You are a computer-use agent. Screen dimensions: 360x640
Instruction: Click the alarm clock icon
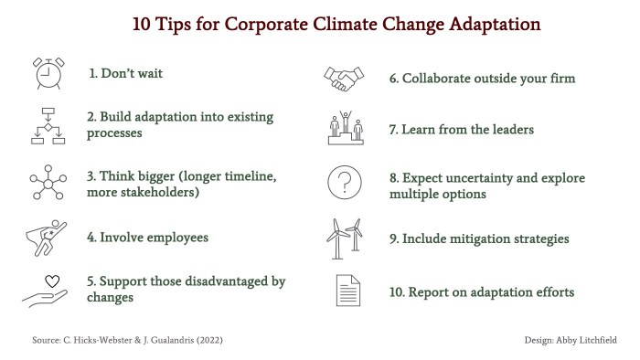tap(47, 73)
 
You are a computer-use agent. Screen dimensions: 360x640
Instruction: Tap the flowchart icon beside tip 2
tap(47, 126)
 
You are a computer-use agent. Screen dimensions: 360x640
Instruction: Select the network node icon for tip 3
tap(47, 182)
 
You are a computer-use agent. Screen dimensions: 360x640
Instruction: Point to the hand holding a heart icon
tap(47, 290)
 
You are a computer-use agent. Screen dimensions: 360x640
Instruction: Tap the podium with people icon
tap(346, 129)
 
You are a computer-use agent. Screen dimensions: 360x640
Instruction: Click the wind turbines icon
tap(345, 238)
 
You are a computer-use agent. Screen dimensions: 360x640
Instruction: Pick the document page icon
tap(346, 292)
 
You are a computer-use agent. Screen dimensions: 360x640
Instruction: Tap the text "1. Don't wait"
tap(125, 73)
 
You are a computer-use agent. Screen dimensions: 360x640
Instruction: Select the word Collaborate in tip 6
tap(442, 79)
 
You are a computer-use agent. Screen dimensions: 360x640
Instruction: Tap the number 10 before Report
tap(396, 292)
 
